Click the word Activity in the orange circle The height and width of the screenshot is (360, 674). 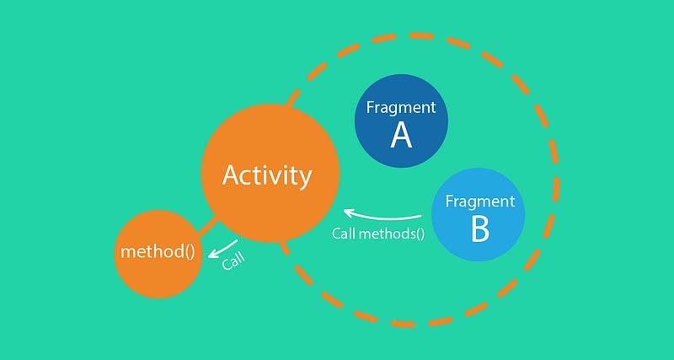267,176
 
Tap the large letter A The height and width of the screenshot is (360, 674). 401,136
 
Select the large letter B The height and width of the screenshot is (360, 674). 480,229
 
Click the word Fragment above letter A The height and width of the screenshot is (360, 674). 401,107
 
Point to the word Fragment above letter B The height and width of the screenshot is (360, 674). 480,201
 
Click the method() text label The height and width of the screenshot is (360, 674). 158,252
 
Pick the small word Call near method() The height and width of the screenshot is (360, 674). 233,261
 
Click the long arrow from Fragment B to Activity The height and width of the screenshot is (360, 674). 382,217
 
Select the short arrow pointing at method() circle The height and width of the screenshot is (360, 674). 222,249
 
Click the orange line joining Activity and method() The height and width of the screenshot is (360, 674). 208,227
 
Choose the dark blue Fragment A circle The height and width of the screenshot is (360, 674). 401,121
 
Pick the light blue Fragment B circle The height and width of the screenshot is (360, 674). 478,215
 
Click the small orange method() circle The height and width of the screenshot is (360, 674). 158,254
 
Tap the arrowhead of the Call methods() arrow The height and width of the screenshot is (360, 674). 348,212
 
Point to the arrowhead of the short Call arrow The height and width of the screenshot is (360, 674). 212,255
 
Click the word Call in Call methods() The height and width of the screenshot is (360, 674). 344,234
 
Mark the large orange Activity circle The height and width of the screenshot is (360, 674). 270,174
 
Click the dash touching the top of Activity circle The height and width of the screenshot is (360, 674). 293,98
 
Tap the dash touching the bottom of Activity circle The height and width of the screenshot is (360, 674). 286,248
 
